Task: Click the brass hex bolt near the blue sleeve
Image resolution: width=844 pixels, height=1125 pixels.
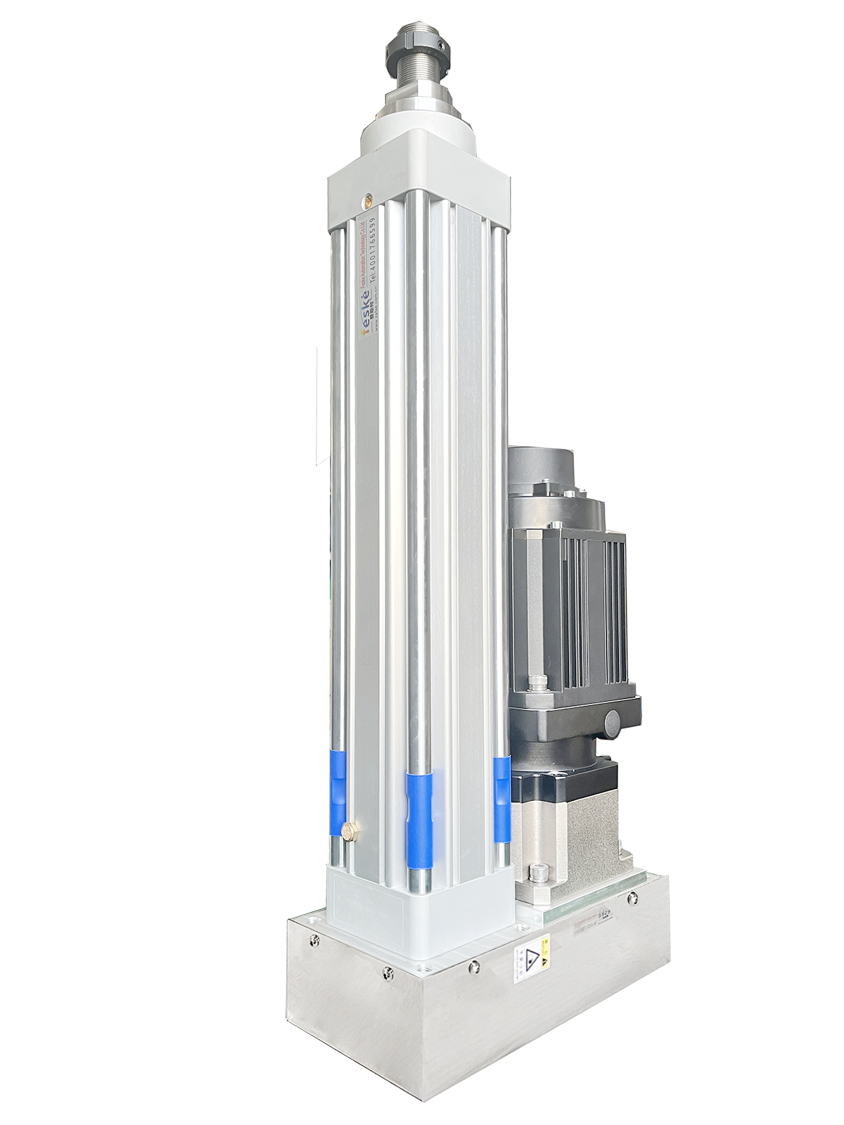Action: point(350,832)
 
